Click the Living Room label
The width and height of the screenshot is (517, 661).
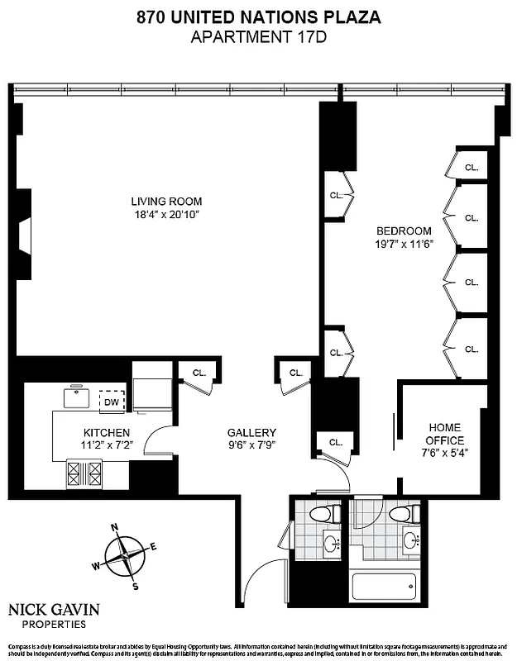(x=165, y=201)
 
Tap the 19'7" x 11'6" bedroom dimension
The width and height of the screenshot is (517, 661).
(x=404, y=245)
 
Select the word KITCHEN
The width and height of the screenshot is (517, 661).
(x=106, y=432)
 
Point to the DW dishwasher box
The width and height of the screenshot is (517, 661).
(x=112, y=402)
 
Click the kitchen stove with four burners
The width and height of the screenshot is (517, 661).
(x=84, y=473)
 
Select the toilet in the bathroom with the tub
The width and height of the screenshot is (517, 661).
(x=400, y=514)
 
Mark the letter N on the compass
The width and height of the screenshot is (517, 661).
(x=115, y=526)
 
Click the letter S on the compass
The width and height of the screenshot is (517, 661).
(x=136, y=586)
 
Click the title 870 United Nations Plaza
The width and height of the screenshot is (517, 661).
(x=258, y=17)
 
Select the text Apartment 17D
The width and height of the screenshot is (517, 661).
(x=258, y=36)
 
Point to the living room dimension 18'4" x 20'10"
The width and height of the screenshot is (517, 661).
(x=165, y=215)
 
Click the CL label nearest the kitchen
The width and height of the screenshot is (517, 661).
(x=199, y=373)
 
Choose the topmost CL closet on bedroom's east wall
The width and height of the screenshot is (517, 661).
(x=471, y=166)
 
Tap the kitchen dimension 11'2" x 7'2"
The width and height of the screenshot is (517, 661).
(x=106, y=446)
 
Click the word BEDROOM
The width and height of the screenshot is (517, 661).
(x=404, y=231)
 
